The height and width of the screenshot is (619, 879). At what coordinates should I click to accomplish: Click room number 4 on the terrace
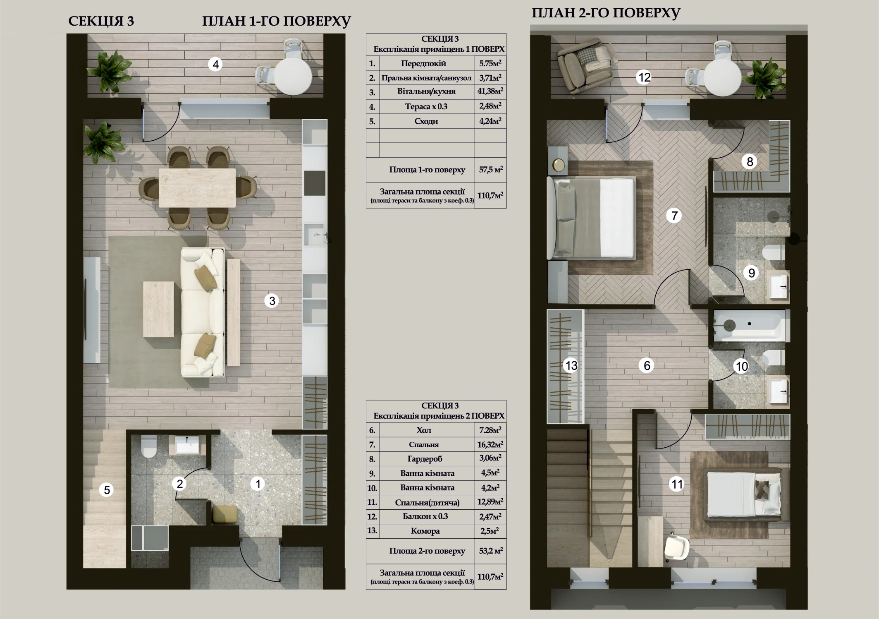(215, 65)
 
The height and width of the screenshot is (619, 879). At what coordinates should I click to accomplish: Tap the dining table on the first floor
(197, 187)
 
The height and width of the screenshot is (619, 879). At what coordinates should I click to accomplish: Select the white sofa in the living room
(203, 312)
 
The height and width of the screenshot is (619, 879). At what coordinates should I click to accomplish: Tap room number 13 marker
(571, 366)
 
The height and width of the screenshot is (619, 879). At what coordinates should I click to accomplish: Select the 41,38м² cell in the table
(490, 91)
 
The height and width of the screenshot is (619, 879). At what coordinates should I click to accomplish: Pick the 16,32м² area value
(490, 445)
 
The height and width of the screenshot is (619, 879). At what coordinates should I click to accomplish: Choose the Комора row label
(425, 531)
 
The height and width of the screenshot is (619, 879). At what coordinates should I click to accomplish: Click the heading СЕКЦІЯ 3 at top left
(101, 21)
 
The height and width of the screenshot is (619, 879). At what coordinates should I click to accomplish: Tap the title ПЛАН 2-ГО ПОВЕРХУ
(606, 13)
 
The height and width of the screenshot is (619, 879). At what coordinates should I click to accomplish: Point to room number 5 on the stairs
(107, 490)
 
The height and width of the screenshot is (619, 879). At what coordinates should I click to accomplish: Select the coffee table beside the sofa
(158, 309)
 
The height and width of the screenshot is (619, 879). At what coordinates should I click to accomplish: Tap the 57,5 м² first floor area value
(491, 170)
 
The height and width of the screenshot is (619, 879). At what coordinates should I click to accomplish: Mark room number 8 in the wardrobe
(750, 162)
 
